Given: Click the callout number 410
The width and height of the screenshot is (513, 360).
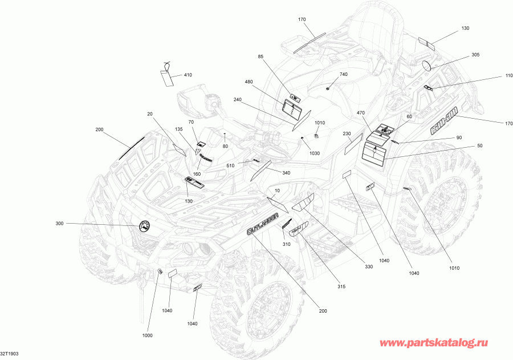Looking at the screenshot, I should tap(188, 75).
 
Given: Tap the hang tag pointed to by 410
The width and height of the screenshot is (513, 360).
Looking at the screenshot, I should tap(167, 76).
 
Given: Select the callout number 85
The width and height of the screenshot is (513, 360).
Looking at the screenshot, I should tap(260, 56).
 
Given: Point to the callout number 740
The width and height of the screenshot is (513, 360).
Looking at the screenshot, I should tap(343, 75).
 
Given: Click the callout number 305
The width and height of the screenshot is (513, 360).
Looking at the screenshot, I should tap(475, 54).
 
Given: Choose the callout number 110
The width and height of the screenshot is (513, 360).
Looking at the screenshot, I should tap(492, 76).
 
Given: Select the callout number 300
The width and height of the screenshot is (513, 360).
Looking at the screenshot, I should tap(60, 223).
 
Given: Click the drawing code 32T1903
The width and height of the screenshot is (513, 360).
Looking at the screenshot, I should tap(10, 354).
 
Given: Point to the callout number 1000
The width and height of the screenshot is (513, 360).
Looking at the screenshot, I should tap(147, 335).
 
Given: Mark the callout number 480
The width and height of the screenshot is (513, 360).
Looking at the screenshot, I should tap(249, 82).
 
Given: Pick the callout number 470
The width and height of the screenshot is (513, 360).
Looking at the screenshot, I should tap(360, 113).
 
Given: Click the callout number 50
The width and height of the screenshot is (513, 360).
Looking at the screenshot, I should tap(479, 146).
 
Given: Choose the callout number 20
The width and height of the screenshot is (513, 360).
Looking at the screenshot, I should tap(150, 114).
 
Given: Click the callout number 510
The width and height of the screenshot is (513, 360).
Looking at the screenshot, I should tap(230, 166).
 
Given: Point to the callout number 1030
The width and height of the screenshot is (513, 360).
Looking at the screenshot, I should tap(314, 153).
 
